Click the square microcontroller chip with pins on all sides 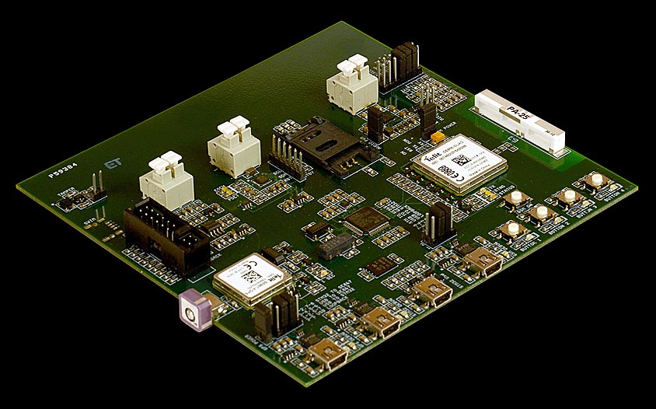click(364, 220)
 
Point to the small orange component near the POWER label click(438, 136)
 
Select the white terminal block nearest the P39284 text click(166, 181)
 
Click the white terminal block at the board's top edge click(351, 84)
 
